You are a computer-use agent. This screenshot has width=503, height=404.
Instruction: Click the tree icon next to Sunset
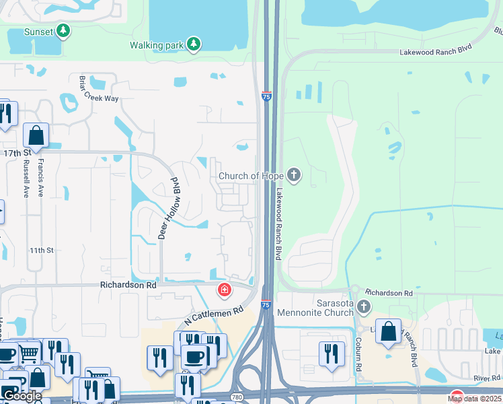(x=63, y=30)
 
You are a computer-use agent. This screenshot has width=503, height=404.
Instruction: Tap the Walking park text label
(x=156, y=45)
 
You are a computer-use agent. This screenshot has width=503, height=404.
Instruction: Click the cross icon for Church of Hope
(x=293, y=176)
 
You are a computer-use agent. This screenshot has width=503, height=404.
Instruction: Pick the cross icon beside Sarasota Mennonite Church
(x=363, y=308)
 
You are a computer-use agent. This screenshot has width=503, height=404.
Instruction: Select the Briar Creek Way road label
(x=98, y=88)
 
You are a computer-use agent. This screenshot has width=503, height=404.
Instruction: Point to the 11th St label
(x=41, y=250)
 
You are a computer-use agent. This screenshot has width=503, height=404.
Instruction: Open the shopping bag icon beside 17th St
(x=36, y=135)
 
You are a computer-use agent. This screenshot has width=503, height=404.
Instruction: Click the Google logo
(x=22, y=395)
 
